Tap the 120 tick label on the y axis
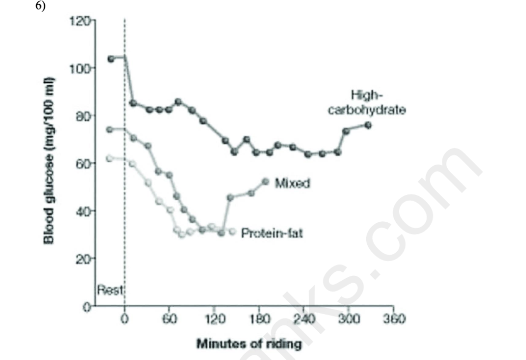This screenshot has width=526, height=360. coord(78,22)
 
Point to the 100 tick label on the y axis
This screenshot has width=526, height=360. coord(78,68)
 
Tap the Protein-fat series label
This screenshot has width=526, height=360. coord(272,232)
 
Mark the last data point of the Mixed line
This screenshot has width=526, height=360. coord(265,181)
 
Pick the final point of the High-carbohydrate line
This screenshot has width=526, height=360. coord(368,125)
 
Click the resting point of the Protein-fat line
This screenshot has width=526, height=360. coord(109,158)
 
